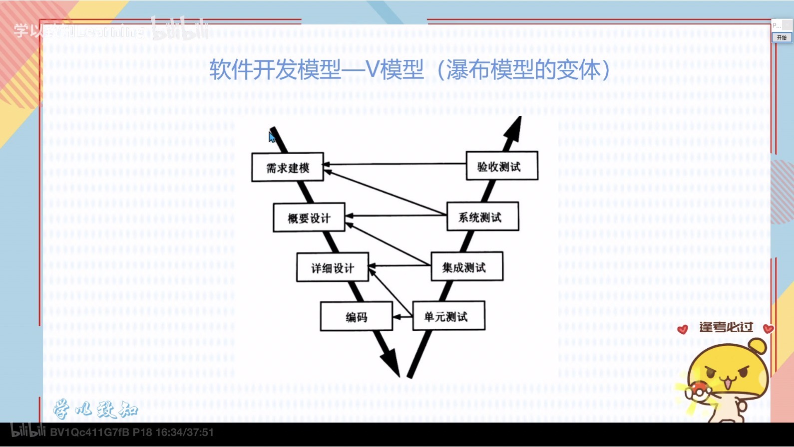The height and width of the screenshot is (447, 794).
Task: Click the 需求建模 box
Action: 288,167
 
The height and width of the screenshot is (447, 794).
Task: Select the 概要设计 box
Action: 309,218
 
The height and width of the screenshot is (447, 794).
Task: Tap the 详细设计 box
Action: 333,267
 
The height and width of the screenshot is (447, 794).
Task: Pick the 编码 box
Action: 356,316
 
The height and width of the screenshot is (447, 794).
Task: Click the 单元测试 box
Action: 448,316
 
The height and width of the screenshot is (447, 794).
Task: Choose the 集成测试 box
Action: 466,267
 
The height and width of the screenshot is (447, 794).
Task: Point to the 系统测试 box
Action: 482,217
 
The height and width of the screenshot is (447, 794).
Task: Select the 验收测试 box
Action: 501,166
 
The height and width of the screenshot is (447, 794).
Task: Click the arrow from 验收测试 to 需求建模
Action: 395,164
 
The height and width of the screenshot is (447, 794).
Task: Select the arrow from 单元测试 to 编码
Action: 402,316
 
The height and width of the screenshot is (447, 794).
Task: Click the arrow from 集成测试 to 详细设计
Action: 399,265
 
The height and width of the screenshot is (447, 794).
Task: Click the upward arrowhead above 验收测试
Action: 514,129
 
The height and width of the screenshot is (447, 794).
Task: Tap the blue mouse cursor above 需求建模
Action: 272,137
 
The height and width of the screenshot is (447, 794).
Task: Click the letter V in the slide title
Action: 373,69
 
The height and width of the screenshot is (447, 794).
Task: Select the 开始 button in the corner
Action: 782,38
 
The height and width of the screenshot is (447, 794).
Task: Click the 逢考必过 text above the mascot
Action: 726,327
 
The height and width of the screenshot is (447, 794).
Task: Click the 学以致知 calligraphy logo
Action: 95,409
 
